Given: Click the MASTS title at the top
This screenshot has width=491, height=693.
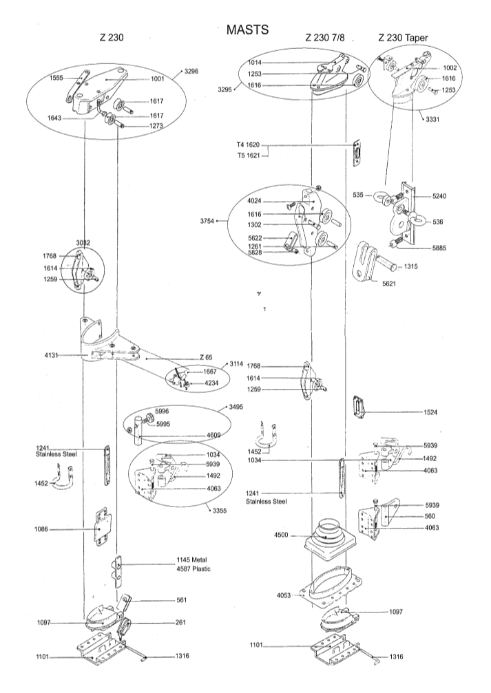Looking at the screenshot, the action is coord(247,30).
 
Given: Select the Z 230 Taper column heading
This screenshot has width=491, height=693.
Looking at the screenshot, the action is coord(403,38).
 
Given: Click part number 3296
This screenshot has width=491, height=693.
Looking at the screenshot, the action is coord(191,70).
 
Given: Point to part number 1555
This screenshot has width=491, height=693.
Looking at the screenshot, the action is coord(56,78).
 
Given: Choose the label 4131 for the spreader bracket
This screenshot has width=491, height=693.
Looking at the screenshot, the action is coord(52,355).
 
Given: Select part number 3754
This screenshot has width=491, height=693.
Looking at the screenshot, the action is coord(207,221).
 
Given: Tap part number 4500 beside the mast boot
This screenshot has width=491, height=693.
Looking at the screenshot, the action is coord(281,535).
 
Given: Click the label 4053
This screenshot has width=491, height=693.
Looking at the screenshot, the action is coord(284,595).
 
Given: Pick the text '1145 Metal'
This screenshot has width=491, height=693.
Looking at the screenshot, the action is coord(191,560).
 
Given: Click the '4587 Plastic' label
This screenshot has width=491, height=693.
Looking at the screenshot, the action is coord(194,569).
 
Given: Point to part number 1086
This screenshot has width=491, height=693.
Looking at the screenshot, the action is coord(41,529).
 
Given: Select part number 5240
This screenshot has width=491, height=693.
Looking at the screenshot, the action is coord(439,196).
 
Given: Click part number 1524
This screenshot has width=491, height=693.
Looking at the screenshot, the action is coord(430,412).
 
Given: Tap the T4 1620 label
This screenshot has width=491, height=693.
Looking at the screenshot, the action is coord(248,145).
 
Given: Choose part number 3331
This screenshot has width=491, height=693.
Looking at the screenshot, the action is coord(433,119).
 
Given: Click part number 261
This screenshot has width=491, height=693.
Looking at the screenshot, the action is coord(180,622).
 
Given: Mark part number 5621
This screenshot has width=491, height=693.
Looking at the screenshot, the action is coord(389,284).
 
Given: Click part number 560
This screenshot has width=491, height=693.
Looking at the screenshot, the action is coord(430,515).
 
